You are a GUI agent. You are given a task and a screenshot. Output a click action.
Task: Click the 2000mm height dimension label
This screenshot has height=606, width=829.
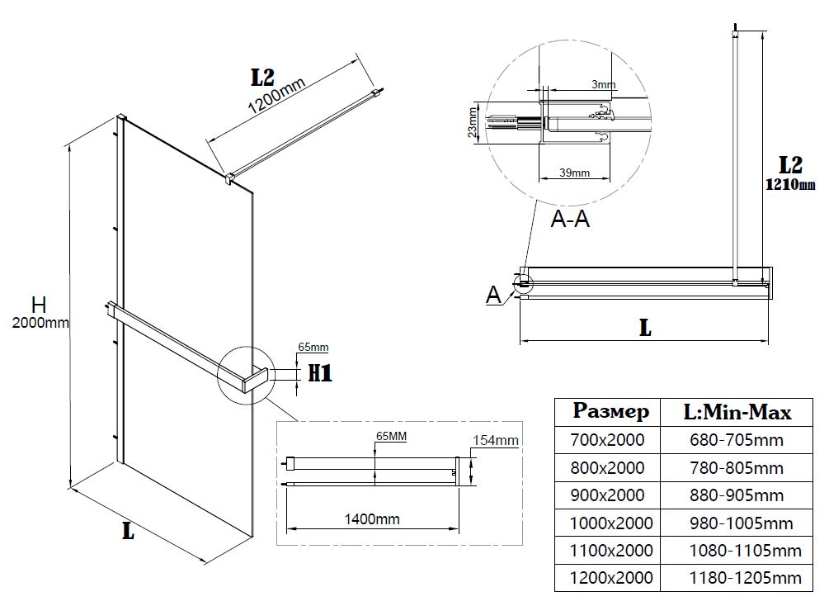(40, 324)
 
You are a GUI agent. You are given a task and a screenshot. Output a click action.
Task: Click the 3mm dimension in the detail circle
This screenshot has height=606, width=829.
(604, 85)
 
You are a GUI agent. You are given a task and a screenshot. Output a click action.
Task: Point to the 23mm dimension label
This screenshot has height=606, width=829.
(472, 121)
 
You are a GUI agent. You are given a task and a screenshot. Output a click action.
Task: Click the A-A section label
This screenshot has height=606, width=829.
(570, 219)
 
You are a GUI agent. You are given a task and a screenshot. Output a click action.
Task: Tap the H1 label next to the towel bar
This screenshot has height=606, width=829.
(319, 373)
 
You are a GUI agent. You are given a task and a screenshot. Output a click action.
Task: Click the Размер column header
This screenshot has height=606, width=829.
(611, 411)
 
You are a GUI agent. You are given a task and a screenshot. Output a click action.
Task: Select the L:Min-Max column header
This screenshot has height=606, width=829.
(737, 411)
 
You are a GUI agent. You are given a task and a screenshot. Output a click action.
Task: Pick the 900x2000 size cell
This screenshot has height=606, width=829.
(607, 495)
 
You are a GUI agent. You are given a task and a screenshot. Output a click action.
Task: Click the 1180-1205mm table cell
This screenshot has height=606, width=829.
(745, 577)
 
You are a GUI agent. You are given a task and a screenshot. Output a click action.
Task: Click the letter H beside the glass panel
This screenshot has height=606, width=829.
(39, 305)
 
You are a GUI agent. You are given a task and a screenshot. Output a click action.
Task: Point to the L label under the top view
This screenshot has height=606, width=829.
(645, 328)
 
